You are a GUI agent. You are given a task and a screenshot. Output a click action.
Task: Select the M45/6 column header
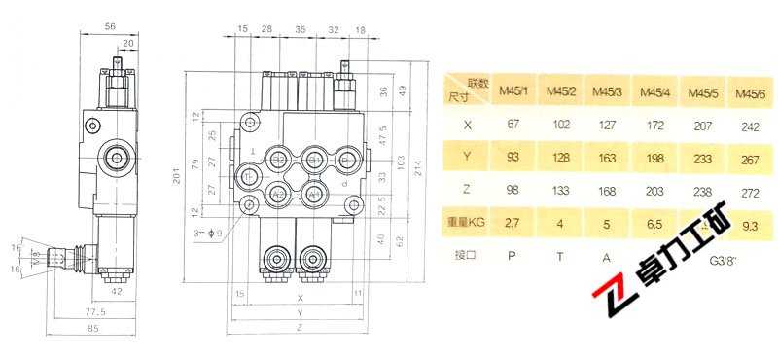(x=746, y=92)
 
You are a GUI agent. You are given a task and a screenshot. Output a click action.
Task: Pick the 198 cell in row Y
(x=652, y=156)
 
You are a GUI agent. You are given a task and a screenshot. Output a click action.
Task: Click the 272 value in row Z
(x=746, y=189)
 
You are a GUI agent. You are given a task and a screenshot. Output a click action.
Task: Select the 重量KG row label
(x=465, y=222)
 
